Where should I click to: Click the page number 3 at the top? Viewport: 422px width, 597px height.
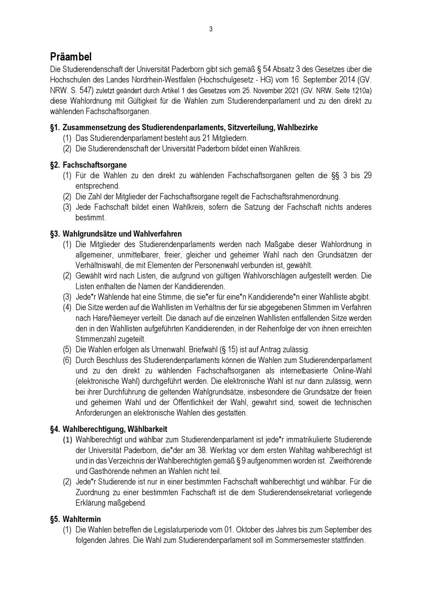pyautogui.click(x=211, y=29)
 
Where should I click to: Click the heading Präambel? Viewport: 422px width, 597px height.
pyautogui.click(x=71, y=57)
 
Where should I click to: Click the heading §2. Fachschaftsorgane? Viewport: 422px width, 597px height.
pyautogui.click(x=89, y=165)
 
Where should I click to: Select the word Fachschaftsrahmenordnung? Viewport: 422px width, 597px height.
pyautogui.click(x=295, y=196)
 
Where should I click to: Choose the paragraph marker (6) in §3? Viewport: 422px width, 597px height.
pyautogui.click(x=67, y=360)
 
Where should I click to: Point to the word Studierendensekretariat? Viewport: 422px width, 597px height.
pyautogui.click(x=292, y=492)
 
